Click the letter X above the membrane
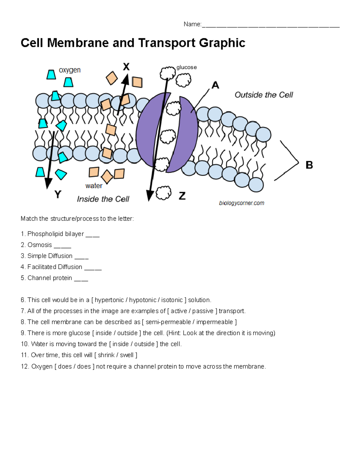[x=126, y=67]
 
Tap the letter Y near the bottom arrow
[x=58, y=194]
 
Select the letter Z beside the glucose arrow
[x=182, y=196]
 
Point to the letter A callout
[x=215, y=86]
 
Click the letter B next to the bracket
[x=309, y=165]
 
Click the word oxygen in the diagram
[x=70, y=70]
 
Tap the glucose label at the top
[x=187, y=67]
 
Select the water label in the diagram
[x=94, y=186]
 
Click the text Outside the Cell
[x=264, y=95]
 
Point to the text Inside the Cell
[x=103, y=199]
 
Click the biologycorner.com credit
[x=241, y=203]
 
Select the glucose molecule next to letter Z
[x=163, y=193]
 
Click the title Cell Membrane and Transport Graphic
[x=133, y=43]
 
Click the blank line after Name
[x=270, y=25]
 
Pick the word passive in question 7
[x=203, y=311]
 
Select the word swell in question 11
[x=127, y=355]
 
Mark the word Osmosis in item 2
[x=40, y=245]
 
